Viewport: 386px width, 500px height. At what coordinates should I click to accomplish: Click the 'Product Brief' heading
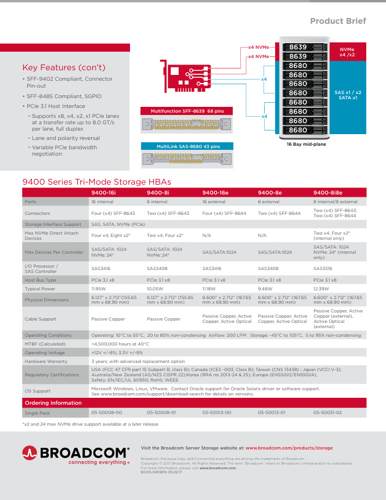(x=338, y=21)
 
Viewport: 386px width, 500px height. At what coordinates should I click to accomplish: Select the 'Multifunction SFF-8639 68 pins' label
(x=187, y=110)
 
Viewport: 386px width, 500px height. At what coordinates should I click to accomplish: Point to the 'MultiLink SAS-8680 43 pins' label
(x=187, y=146)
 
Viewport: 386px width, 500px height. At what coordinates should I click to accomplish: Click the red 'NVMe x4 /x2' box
(x=347, y=53)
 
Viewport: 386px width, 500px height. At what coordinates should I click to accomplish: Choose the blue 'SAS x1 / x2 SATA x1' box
(x=347, y=95)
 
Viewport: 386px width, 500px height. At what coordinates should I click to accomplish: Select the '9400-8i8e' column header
(x=328, y=193)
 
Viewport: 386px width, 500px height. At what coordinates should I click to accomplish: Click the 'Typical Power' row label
(x=40, y=288)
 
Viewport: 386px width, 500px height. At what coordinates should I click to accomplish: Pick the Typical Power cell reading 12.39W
(x=322, y=288)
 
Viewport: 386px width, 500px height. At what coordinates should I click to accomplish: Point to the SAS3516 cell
(x=323, y=269)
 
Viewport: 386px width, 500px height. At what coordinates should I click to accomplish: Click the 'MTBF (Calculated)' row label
(x=45, y=344)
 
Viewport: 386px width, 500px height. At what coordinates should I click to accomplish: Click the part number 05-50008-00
(x=106, y=412)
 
